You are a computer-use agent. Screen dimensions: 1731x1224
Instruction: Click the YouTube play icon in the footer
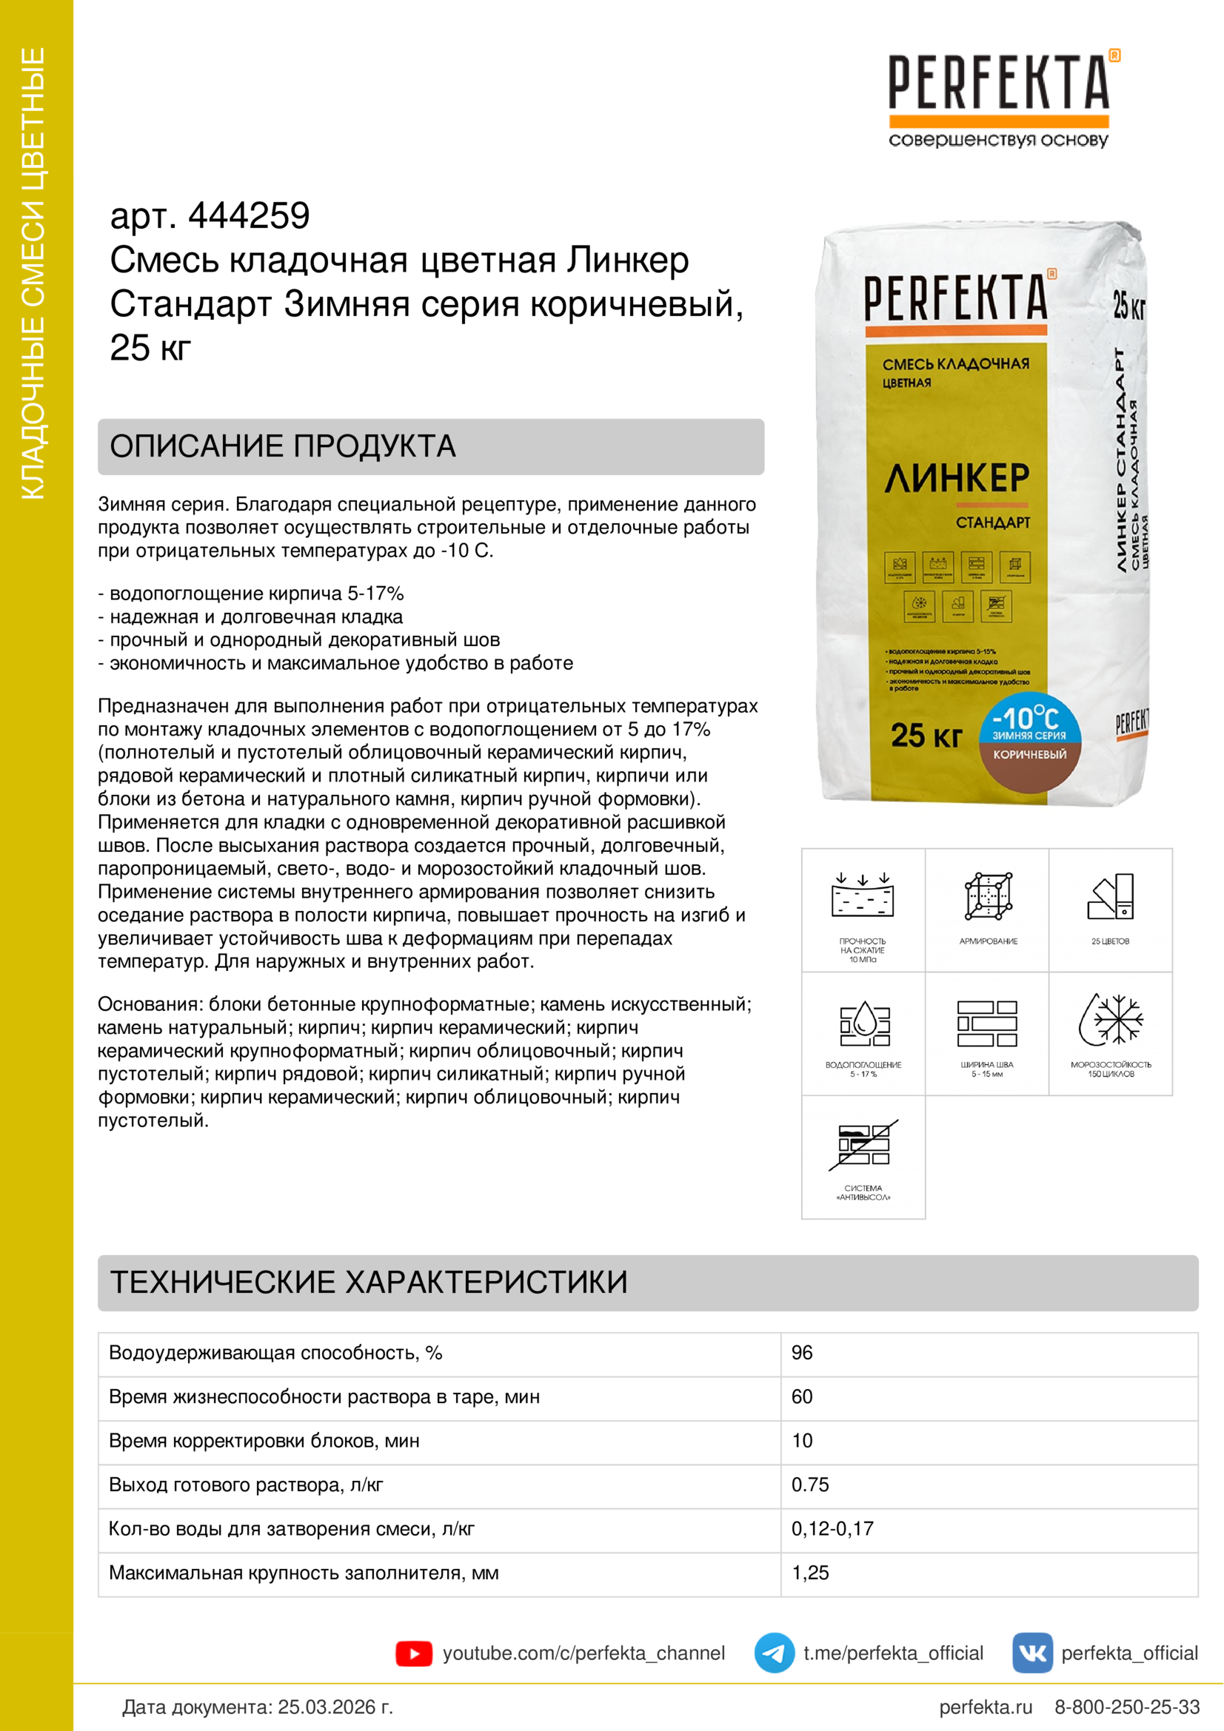pyautogui.click(x=413, y=1653)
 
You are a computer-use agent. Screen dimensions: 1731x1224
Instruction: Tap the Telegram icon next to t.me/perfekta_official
pyautogui.click(x=774, y=1653)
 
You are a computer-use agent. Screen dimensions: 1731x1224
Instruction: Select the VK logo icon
pyautogui.click(x=1031, y=1653)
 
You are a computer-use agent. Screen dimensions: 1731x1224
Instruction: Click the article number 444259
pyautogui.click(x=249, y=216)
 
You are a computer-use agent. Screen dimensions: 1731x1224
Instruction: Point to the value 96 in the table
pyautogui.click(x=802, y=1353)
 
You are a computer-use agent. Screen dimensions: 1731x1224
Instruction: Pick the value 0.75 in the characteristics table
pyautogui.click(x=809, y=1485)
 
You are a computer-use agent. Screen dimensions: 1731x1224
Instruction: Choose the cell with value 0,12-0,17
pyautogui.click(x=832, y=1528)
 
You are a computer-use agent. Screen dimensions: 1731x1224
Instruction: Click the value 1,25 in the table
pyautogui.click(x=810, y=1573)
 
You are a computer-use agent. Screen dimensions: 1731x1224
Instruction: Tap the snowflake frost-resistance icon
pyautogui.click(x=1110, y=1019)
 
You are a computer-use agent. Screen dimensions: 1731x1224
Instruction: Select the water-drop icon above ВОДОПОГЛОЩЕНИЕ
pyautogui.click(x=864, y=1023)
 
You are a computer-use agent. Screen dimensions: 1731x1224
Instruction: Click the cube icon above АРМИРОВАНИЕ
pyautogui.click(x=988, y=896)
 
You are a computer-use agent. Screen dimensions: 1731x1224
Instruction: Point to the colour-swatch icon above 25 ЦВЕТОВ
pyautogui.click(x=1111, y=896)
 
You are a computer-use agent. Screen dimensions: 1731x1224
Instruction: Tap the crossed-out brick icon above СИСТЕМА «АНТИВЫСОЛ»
pyautogui.click(x=863, y=1144)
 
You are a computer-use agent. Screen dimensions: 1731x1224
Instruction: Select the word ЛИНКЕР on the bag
pyautogui.click(x=956, y=478)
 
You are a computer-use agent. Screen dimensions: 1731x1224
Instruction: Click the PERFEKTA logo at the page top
pyautogui.click(x=998, y=83)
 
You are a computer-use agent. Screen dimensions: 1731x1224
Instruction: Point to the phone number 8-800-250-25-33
pyautogui.click(x=1126, y=1706)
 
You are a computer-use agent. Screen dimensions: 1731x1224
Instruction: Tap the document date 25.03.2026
pyautogui.click(x=335, y=1706)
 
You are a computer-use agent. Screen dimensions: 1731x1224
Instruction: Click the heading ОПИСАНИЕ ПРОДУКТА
pyautogui.click(x=283, y=446)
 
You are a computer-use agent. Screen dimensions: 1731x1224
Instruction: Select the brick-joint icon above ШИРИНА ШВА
pyautogui.click(x=986, y=1023)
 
